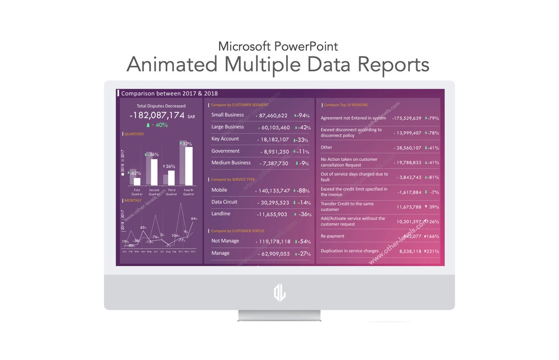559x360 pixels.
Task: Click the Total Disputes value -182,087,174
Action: (157, 115)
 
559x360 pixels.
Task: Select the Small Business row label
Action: (227, 115)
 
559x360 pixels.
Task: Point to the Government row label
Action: (225, 151)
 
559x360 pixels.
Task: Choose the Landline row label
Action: (220, 214)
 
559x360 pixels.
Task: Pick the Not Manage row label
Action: (225, 241)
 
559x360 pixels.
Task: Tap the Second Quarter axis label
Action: (154, 192)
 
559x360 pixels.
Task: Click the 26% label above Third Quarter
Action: (170, 167)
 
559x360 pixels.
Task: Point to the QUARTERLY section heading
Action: (134, 134)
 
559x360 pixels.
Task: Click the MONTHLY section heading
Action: (133, 200)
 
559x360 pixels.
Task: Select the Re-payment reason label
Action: (332, 236)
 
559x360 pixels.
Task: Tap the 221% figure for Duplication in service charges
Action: (432, 251)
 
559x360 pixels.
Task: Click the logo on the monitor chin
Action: (279, 293)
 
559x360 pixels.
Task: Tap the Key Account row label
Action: (225, 139)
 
